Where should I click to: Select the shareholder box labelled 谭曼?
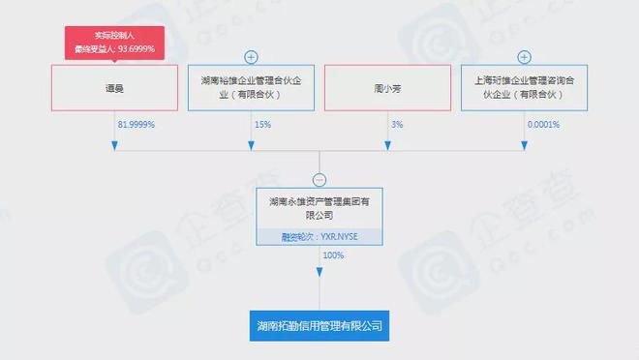coord(115,87)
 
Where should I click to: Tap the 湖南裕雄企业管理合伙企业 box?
coord(251,87)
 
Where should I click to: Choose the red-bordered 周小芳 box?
coord(387,87)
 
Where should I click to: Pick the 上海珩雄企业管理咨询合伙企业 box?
coord(524,87)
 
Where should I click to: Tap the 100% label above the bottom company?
coord(333,255)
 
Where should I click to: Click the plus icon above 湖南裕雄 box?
coord(251,57)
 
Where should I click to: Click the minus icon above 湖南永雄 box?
coord(319,179)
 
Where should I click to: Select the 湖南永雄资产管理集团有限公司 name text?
coord(319,209)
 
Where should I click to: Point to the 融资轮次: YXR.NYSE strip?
coord(319,235)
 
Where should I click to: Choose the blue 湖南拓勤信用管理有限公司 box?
coord(319,326)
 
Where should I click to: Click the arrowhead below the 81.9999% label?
coord(115,145)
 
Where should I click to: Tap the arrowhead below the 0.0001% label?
coord(524,145)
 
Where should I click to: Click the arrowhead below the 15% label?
coord(251,145)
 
